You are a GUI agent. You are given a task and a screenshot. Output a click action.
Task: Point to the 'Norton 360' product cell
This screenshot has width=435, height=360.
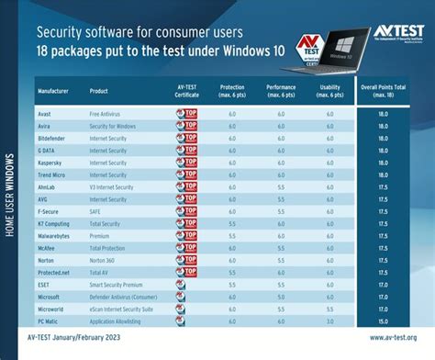pyautogui.click(x=103, y=259)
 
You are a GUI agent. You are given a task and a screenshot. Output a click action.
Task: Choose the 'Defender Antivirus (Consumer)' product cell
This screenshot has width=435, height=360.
pyautogui.click(x=128, y=298)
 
